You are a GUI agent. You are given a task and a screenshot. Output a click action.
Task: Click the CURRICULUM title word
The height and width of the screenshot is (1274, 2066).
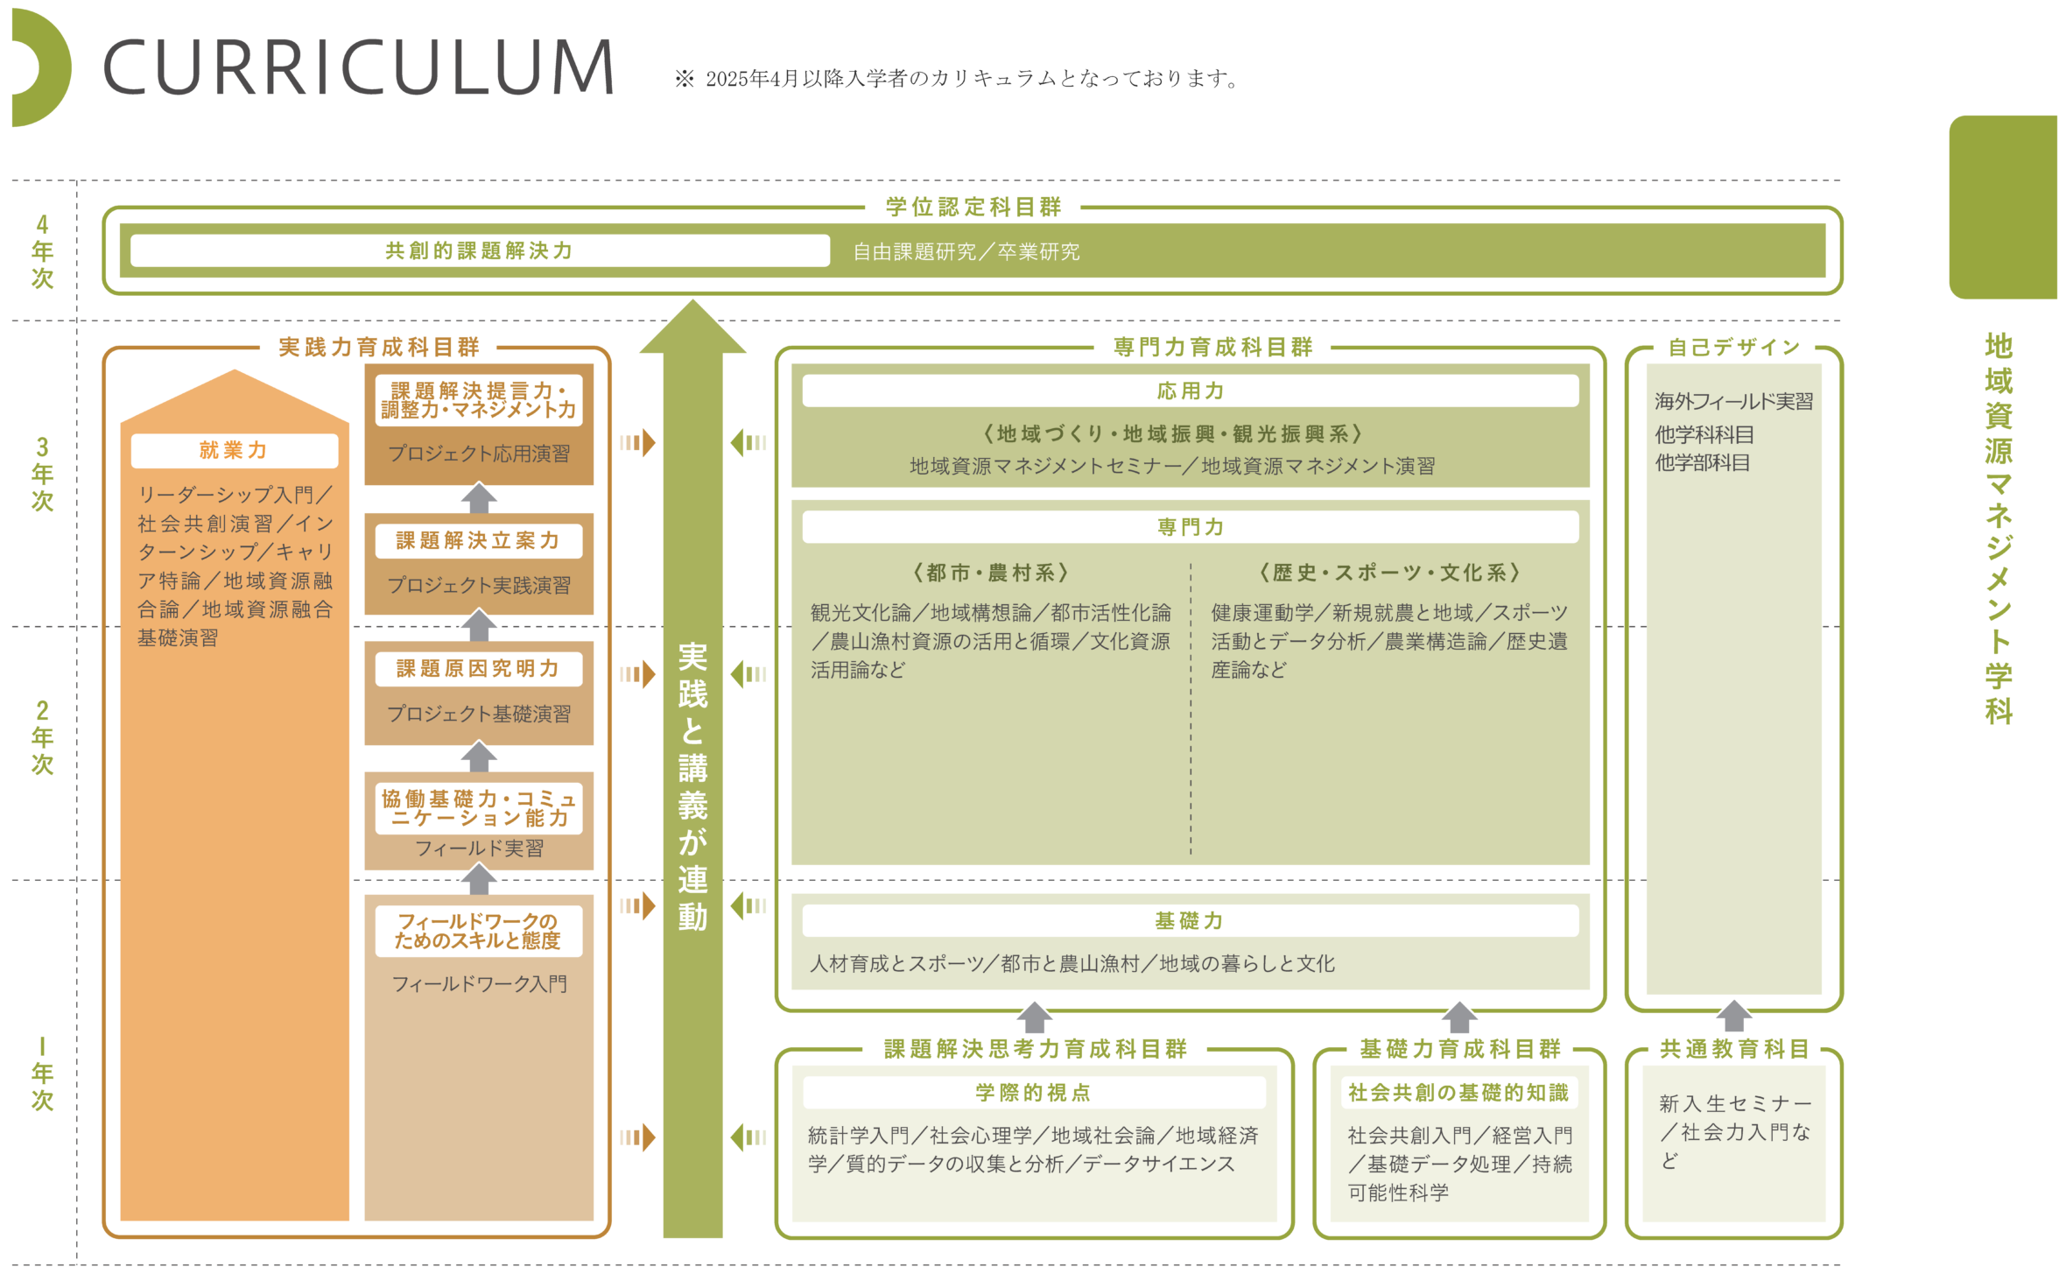pyautogui.click(x=359, y=67)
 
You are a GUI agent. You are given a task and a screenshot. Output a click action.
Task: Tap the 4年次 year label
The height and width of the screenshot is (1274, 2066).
pyautogui.click(x=42, y=251)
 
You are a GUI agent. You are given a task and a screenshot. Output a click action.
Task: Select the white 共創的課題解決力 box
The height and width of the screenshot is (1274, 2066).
pyautogui.click(x=480, y=250)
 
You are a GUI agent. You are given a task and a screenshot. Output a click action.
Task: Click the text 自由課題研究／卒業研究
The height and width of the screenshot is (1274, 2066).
pyautogui.click(x=966, y=252)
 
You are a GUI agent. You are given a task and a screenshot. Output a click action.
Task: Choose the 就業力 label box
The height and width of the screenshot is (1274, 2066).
pyautogui.click(x=234, y=450)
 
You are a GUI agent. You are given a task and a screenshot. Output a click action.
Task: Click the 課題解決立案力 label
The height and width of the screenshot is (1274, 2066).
pyautogui.click(x=478, y=540)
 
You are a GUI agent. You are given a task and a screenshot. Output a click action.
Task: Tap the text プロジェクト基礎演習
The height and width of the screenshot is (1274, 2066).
pyautogui.click(x=479, y=714)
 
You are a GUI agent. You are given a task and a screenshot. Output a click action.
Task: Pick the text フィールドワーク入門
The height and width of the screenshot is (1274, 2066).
pyautogui.click(x=479, y=984)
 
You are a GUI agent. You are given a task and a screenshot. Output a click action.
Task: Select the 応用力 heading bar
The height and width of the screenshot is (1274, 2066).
pyautogui.click(x=1190, y=391)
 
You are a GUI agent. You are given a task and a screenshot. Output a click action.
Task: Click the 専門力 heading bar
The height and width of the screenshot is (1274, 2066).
pyautogui.click(x=1190, y=526)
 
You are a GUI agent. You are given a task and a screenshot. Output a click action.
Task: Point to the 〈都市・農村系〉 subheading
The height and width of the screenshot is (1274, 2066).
pyautogui.click(x=990, y=573)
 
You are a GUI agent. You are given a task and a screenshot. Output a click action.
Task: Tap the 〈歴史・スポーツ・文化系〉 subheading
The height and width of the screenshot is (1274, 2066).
pyautogui.click(x=1389, y=573)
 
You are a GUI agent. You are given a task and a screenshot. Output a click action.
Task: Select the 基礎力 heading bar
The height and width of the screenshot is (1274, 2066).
pyautogui.click(x=1190, y=920)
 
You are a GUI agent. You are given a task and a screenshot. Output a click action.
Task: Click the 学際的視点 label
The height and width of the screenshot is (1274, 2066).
pyautogui.click(x=1033, y=1092)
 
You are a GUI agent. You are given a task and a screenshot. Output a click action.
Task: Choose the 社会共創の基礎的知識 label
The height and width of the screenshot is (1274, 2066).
pyautogui.click(x=1458, y=1092)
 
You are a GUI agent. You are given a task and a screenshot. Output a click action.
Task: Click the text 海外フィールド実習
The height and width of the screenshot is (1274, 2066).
pyautogui.click(x=1733, y=401)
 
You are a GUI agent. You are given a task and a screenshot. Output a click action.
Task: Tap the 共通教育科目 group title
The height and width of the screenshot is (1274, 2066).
pyautogui.click(x=1734, y=1048)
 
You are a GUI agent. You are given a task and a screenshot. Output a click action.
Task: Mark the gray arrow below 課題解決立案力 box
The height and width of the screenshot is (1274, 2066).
pyautogui.click(x=479, y=625)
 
